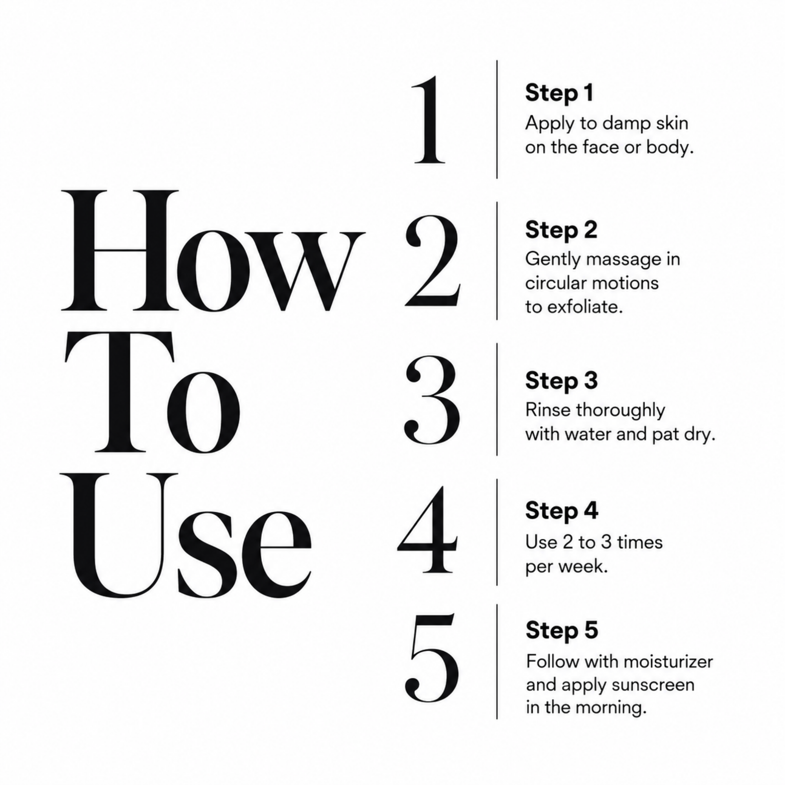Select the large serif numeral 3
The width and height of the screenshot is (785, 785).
pyautogui.click(x=432, y=400)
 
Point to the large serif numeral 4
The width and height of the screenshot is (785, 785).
pyautogui.click(x=427, y=529)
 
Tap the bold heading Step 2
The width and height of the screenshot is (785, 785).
pyautogui.click(x=561, y=230)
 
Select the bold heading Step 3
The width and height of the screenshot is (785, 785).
pyautogui.click(x=562, y=381)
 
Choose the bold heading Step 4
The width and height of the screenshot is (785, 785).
pyautogui.click(x=562, y=511)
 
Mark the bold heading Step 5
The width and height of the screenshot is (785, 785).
pyautogui.click(x=562, y=631)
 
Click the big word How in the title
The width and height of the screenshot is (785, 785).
pyautogui.click(x=213, y=251)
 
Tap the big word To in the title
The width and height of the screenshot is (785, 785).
pyautogui.click(x=152, y=393)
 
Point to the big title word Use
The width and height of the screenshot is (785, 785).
pyautogui.click(x=186, y=535)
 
